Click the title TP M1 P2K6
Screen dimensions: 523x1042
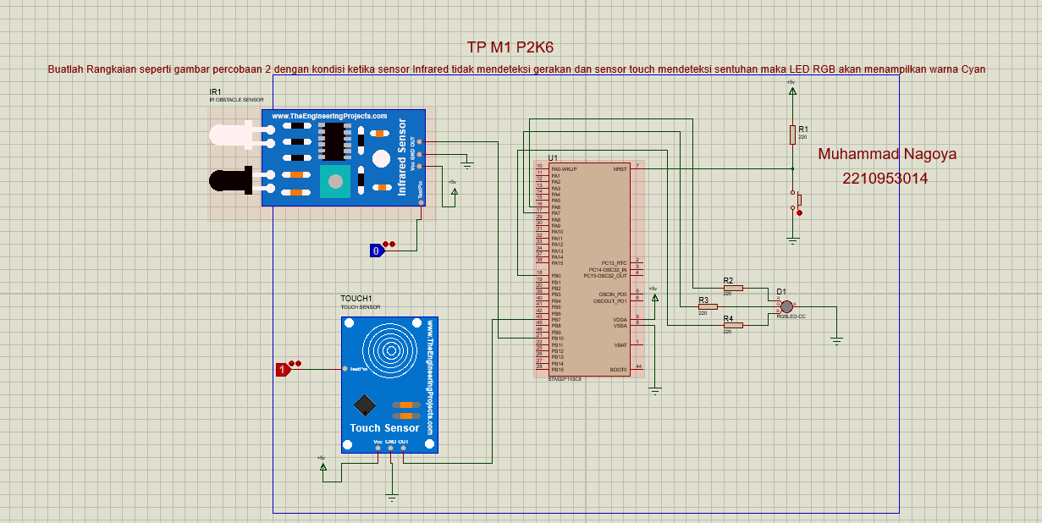point(515,47)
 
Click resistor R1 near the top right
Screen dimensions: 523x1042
point(792,135)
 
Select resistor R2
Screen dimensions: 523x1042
point(732,288)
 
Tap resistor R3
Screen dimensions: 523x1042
point(708,306)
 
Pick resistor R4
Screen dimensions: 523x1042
point(732,325)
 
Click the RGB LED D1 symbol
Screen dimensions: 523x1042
point(786,306)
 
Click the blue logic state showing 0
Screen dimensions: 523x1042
point(377,250)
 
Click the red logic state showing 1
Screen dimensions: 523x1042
point(283,369)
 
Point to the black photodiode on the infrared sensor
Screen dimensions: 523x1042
point(233,179)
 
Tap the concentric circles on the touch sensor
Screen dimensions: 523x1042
point(391,348)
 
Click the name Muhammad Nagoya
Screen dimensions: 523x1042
point(887,154)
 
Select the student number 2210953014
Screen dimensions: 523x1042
point(885,179)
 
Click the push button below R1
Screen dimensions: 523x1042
point(796,201)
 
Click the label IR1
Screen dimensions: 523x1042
point(216,91)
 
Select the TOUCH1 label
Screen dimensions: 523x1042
point(356,299)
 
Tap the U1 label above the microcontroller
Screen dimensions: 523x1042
point(553,158)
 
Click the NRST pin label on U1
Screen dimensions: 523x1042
point(620,169)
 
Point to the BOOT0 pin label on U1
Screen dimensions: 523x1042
point(618,370)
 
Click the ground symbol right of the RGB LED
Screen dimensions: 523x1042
point(836,339)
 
